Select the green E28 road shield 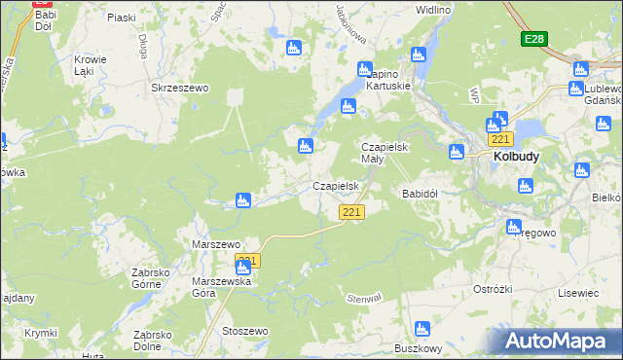click(x=532, y=39)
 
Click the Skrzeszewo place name click(x=180, y=88)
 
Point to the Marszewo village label click(x=216, y=244)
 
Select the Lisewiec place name click(x=577, y=292)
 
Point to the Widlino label click(x=432, y=9)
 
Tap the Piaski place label click(x=122, y=18)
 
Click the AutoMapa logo click(x=560, y=342)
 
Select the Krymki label click(x=40, y=333)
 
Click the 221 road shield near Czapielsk click(x=352, y=212)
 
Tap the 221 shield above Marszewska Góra click(x=247, y=261)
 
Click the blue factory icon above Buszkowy click(x=422, y=329)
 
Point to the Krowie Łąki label click(x=90, y=65)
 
